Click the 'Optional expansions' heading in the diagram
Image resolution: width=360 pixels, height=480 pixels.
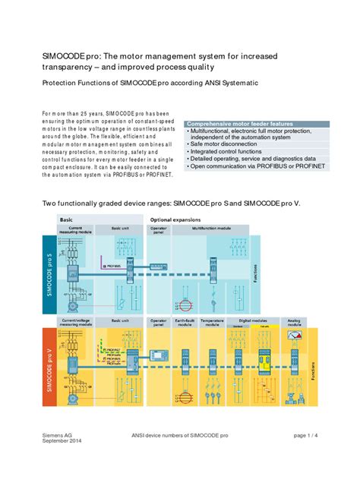coord(176,219)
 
